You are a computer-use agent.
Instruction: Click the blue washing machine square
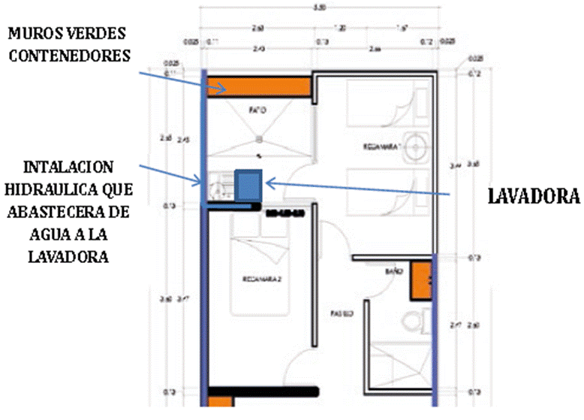coord(248,185)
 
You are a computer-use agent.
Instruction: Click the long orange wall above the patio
coord(260,85)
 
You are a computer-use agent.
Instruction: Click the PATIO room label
coord(258,110)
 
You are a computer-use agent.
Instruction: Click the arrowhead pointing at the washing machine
coord(270,182)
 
